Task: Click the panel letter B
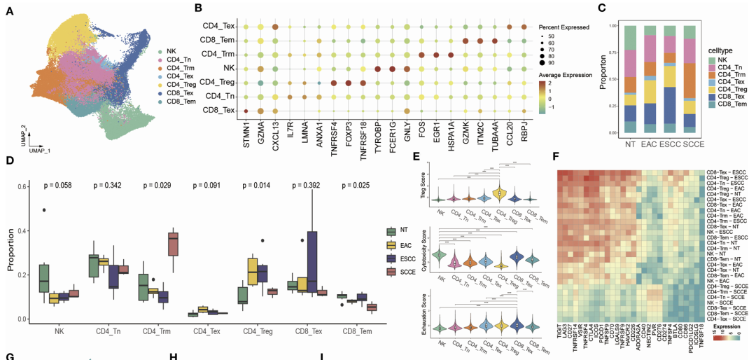199,8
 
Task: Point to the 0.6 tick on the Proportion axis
24,185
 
